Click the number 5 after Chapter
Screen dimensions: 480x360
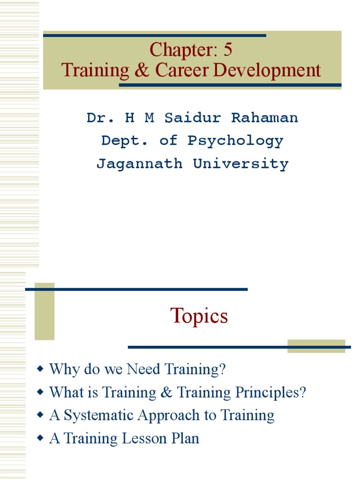[x=227, y=50]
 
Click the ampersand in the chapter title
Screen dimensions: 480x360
[x=142, y=70]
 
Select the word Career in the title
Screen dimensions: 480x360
[x=182, y=70]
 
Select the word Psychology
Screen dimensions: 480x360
[x=235, y=141]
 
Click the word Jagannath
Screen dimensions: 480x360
[x=139, y=164]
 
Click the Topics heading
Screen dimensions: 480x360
[x=199, y=316]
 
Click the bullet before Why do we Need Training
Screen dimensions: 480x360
[x=40, y=369]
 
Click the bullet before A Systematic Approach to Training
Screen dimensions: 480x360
[x=40, y=415]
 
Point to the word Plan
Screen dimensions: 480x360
[x=186, y=438]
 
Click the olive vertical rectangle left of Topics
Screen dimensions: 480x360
[x=45, y=311]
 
